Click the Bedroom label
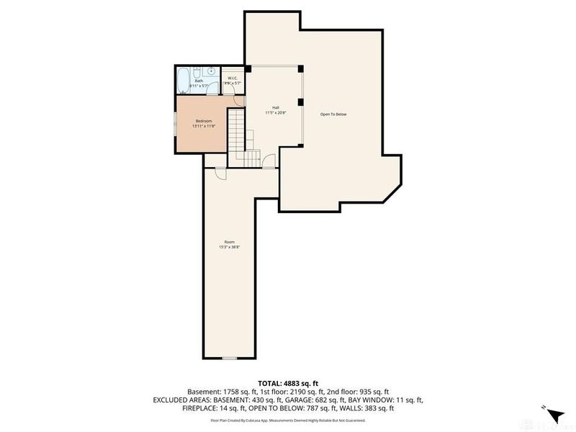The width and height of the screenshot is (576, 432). click(203, 121)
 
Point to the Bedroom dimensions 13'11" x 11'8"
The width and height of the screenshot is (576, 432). click(203, 126)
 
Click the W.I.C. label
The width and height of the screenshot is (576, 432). click(233, 78)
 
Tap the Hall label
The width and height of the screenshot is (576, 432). click(275, 108)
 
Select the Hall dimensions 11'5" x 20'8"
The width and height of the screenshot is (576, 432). click(275, 113)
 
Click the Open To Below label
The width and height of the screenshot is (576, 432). click(333, 114)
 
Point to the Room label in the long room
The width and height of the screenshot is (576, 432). click(229, 242)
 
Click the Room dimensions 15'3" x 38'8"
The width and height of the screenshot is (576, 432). click(229, 247)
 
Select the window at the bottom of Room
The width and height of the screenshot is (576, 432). click(229, 357)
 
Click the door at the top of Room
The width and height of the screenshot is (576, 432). click(220, 174)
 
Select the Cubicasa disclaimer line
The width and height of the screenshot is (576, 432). click(287, 420)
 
